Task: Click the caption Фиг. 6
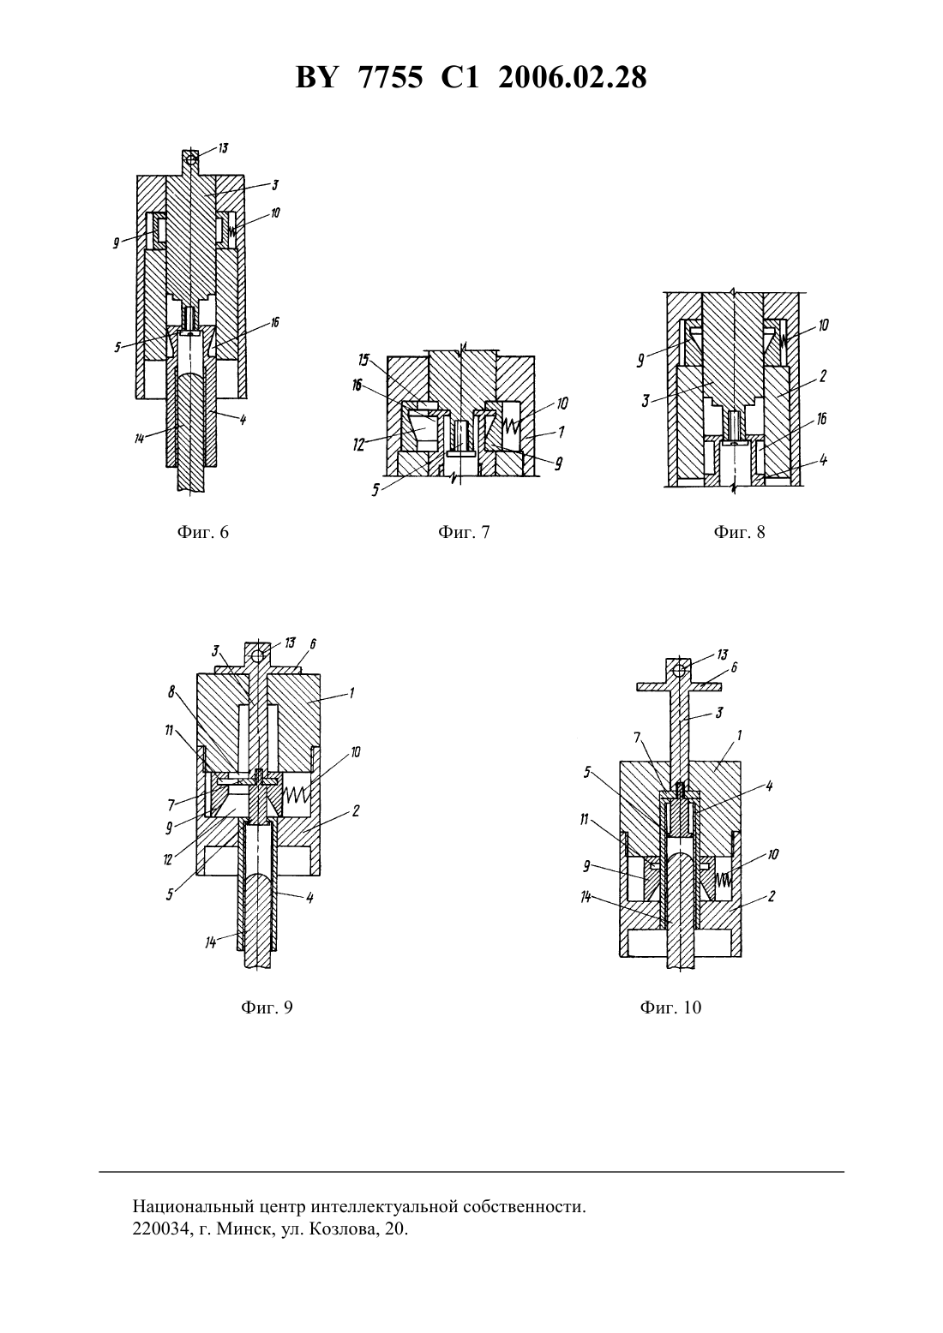coord(202,531)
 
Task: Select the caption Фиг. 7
coord(464,531)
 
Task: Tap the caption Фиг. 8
coord(739,531)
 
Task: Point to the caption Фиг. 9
coord(267,1007)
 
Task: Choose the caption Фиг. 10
coord(670,1007)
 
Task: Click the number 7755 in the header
coord(391,78)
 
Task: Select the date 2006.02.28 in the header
coord(572,78)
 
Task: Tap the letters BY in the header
coord(317,78)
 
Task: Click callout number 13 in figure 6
coord(223,148)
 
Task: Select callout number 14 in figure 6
coord(139,439)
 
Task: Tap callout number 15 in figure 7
coord(363,361)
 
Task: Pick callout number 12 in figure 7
coord(358,445)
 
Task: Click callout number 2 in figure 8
coord(822,376)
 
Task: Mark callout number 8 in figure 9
coord(171,692)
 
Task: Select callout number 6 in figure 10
coord(734,667)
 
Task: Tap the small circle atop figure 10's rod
coord(678,672)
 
